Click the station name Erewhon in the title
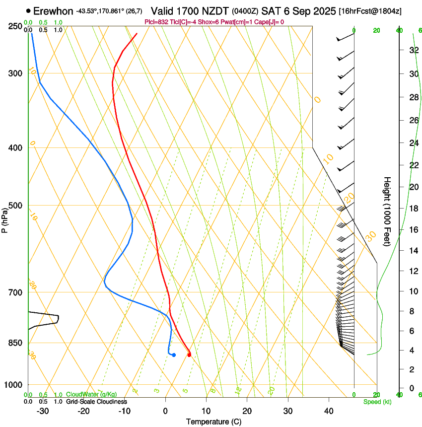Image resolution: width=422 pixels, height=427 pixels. [54, 11]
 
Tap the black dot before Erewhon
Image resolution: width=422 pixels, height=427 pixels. [28, 11]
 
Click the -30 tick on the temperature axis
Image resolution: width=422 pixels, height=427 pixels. [43, 411]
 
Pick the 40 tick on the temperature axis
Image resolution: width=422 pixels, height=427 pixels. [329, 411]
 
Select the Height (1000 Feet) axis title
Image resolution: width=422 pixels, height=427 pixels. [388, 211]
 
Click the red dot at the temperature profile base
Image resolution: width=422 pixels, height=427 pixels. [189, 354]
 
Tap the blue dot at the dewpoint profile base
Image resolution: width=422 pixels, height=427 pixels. [174, 355]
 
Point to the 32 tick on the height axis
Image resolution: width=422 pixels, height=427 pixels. [413, 50]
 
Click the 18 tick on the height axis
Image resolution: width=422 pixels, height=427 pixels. [413, 208]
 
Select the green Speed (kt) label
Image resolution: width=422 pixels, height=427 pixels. [377, 402]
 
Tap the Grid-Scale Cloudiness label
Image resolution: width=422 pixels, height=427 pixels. [96, 402]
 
